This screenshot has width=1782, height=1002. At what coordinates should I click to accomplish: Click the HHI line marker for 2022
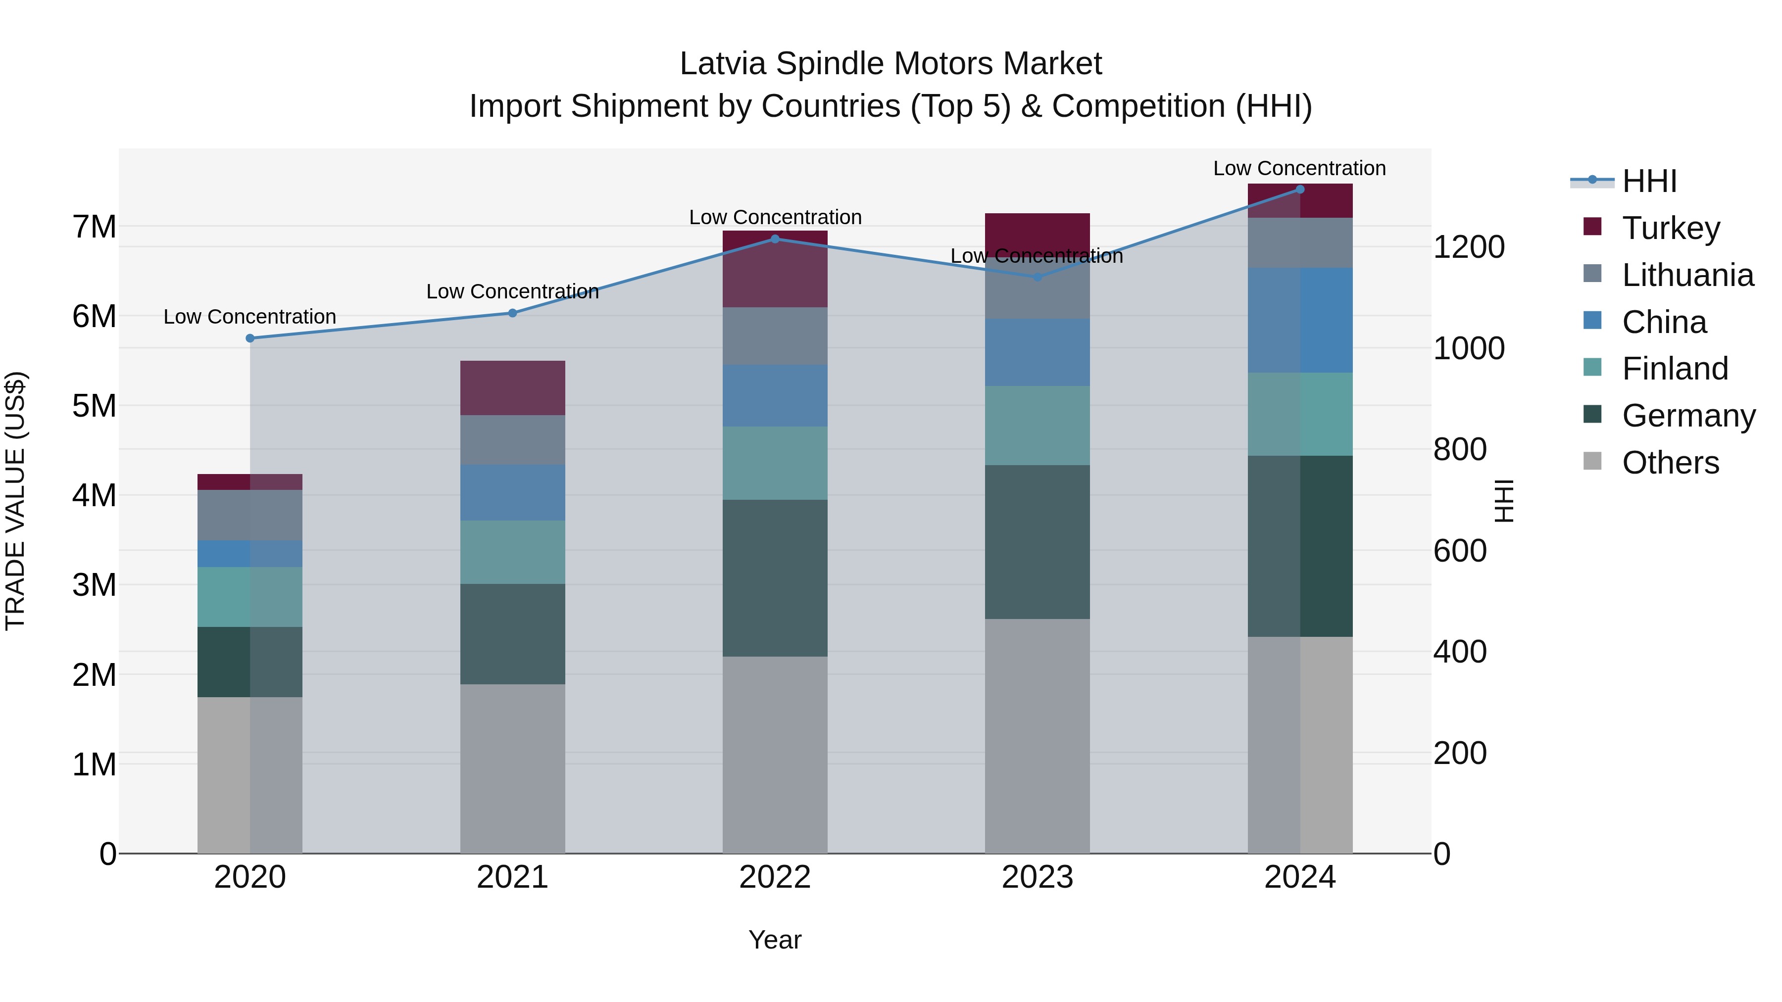coord(775,239)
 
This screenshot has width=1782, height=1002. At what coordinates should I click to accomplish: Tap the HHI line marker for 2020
coord(250,338)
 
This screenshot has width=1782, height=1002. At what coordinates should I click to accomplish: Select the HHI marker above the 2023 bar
coord(1037,277)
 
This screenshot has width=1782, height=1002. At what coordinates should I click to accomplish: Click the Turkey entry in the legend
coord(1671,228)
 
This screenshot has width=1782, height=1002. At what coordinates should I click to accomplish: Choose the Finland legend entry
coord(1674,369)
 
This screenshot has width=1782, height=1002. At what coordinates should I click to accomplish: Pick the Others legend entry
coord(1670,463)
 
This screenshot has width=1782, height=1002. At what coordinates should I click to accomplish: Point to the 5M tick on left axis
coord(95,406)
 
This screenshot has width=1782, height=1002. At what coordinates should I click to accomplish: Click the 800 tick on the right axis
coord(1460,449)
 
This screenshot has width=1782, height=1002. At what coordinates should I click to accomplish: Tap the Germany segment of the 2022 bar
coord(775,578)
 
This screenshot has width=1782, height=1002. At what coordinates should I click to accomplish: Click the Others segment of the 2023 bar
coord(1037,736)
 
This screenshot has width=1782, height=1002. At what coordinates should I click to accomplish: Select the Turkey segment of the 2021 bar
coord(513,388)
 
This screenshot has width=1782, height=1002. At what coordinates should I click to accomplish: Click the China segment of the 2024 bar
coord(1300,320)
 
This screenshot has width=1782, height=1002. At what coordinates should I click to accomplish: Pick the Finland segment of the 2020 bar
coord(250,597)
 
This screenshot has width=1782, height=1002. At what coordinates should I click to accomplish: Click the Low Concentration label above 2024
coord(1299,168)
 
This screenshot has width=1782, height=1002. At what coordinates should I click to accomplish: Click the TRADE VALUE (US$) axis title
coord(15,501)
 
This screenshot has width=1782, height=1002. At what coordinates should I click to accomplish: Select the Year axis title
coord(775,940)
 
